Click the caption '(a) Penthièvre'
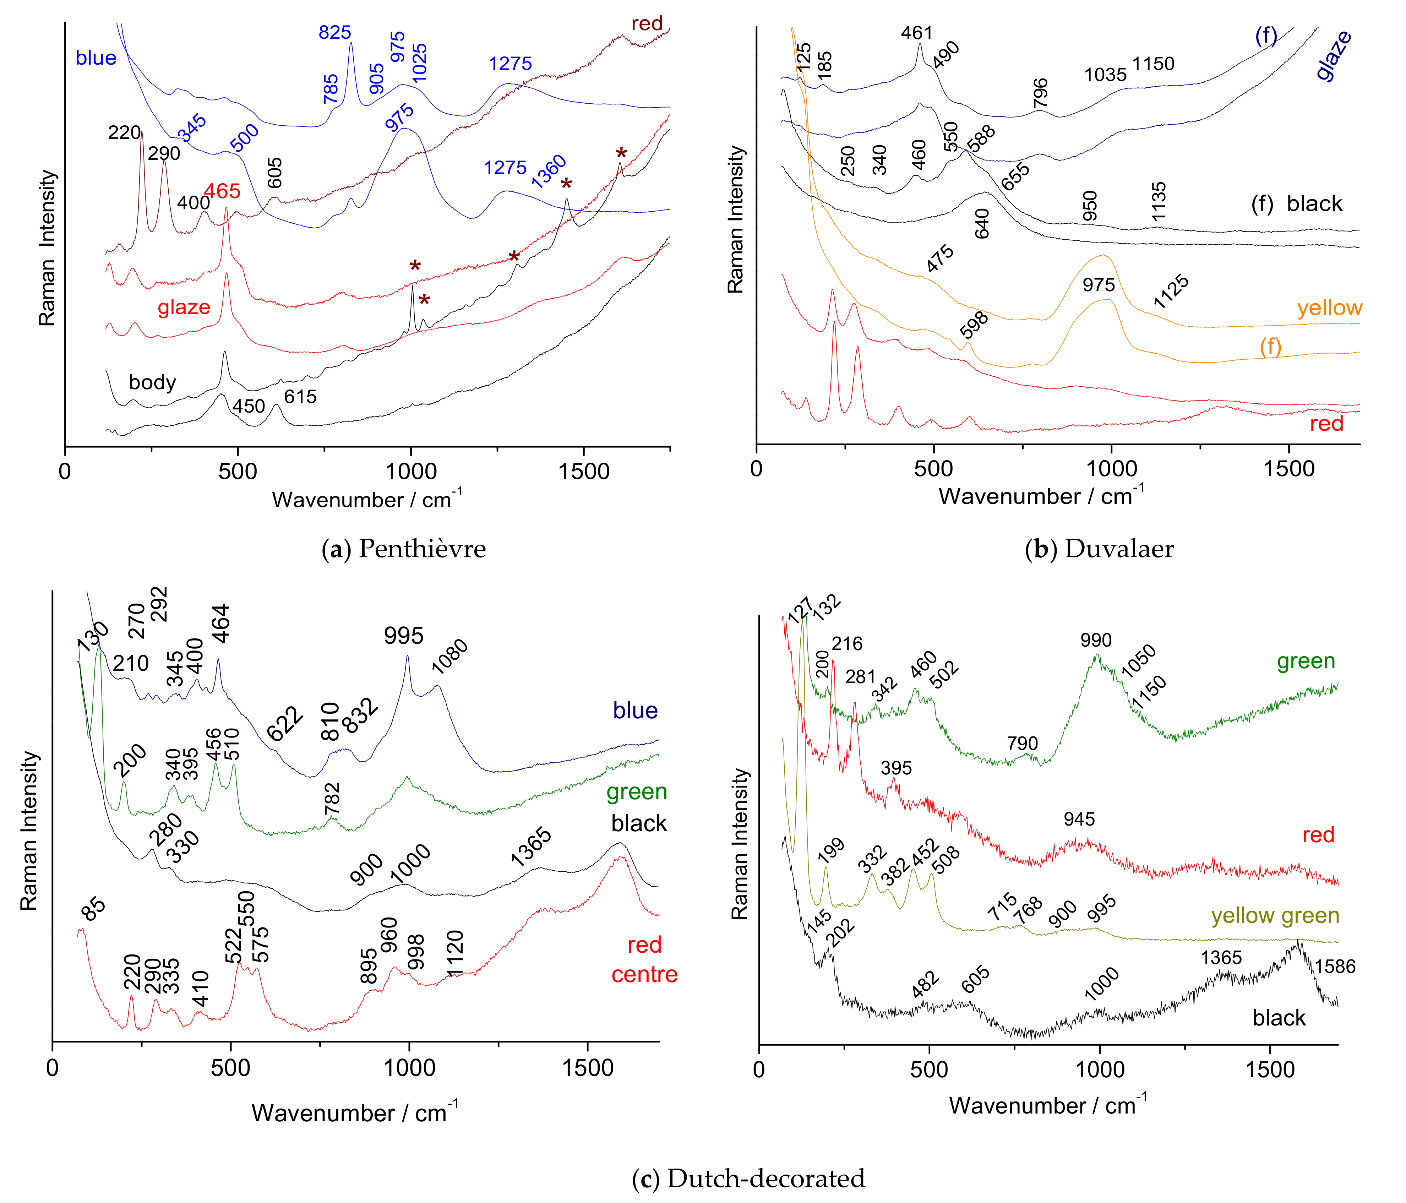pos(404,548)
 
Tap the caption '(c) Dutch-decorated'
pos(748,1178)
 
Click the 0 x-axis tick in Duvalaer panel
pos(757,469)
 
